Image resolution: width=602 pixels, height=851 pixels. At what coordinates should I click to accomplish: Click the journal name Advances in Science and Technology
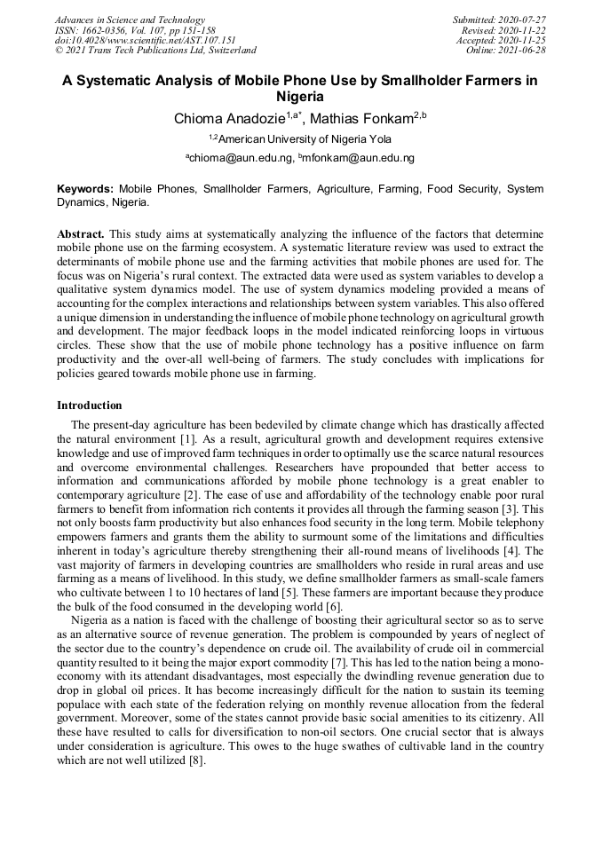[x=130, y=20]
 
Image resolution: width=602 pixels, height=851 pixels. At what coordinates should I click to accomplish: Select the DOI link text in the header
[x=146, y=40]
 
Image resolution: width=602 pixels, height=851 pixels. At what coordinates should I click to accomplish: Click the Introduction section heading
[x=90, y=405]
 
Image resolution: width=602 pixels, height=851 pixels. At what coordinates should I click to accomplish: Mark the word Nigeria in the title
[x=300, y=96]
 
